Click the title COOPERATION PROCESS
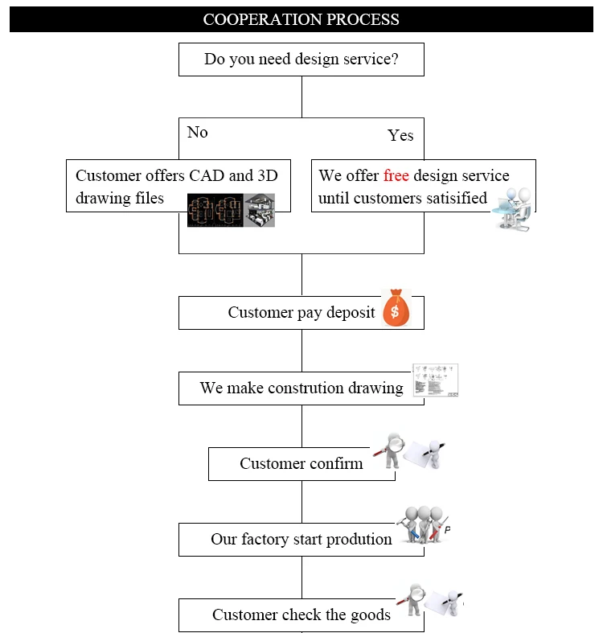(x=301, y=18)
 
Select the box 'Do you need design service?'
(x=301, y=60)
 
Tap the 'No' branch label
(x=197, y=132)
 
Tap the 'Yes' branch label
(x=400, y=135)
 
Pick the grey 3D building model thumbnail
(x=260, y=210)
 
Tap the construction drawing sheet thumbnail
(x=436, y=380)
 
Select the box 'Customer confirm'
(x=301, y=464)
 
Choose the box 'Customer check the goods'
(x=301, y=615)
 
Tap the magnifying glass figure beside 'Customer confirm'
(x=392, y=450)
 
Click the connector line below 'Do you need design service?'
(x=301, y=97)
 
